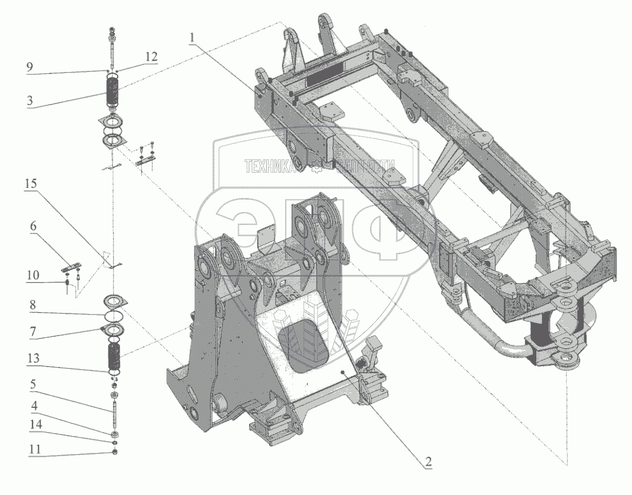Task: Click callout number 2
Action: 428,463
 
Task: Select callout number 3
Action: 30,101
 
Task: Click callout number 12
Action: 151,57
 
